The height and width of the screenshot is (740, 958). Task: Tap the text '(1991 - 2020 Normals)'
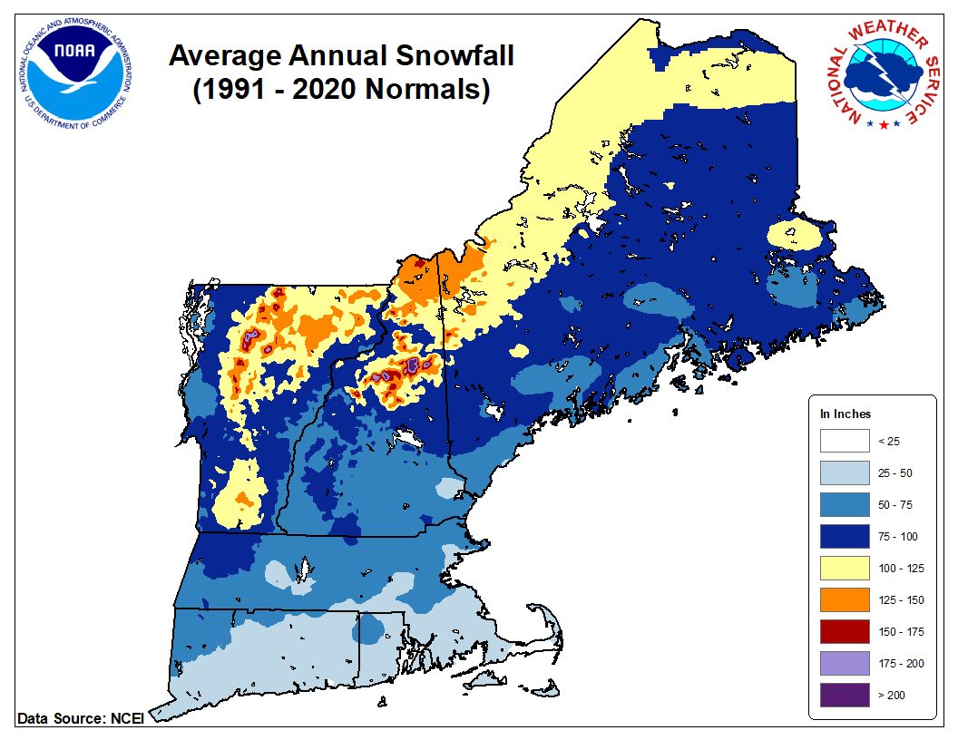coord(341,90)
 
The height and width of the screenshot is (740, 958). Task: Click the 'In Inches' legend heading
coord(846,414)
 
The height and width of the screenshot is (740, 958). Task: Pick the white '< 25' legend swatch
coord(844,442)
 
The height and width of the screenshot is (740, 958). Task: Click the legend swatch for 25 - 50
coord(844,473)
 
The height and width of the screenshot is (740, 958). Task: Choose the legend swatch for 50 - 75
coord(844,505)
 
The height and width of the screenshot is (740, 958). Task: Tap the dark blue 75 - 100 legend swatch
coord(844,537)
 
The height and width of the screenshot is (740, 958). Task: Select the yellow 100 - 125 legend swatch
coord(844,569)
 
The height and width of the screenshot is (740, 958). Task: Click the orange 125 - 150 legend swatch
coord(844,600)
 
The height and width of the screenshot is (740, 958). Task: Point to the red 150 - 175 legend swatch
coord(844,632)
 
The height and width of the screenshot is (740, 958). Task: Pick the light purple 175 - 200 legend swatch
coord(844,664)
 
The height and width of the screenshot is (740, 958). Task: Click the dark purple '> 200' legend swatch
coord(844,696)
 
